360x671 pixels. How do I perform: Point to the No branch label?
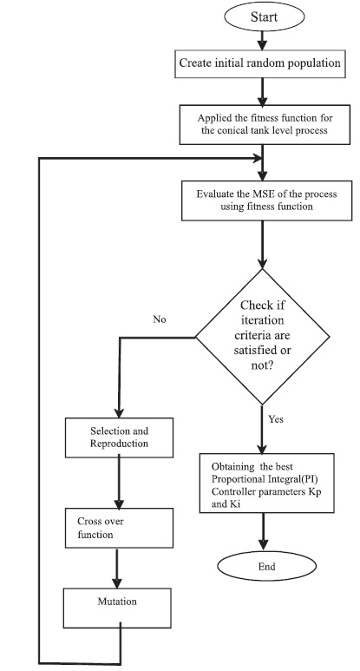tap(160, 319)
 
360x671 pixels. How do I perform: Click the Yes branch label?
tap(276, 419)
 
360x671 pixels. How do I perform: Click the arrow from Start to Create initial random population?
tap(263, 40)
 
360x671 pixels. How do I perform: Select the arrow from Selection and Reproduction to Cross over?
tap(120, 483)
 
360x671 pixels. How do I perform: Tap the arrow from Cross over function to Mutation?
tap(117, 568)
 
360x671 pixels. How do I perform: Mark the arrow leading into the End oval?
tap(263, 531)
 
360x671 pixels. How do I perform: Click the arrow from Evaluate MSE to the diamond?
tap(263, 244)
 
